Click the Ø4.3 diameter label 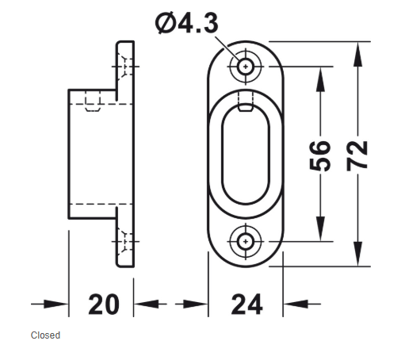click(187, 23)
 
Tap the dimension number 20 click(104, 304)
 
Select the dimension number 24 click(247, 304)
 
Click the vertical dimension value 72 click(357, 156)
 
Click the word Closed click(45, 335)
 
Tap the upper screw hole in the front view click(246, 67)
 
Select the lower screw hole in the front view click(246, 241)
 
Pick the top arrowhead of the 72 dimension click(357, 54)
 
